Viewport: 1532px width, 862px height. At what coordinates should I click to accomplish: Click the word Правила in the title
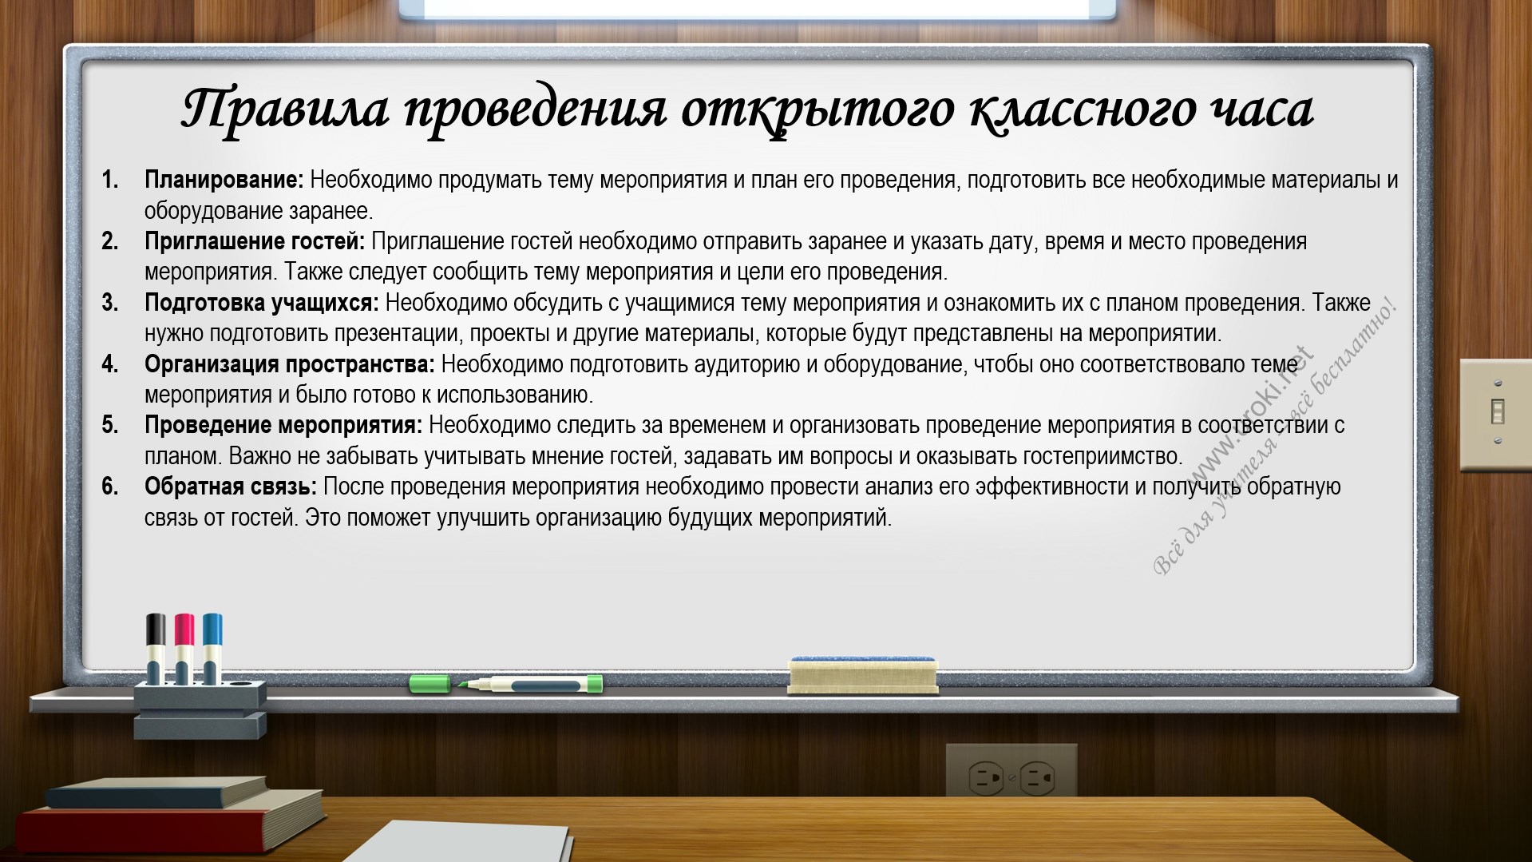[x=285, y=109]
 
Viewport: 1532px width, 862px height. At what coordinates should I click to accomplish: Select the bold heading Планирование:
[x=224, y=181]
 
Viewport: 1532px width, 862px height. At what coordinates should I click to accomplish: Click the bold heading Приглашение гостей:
[x=255, y=242]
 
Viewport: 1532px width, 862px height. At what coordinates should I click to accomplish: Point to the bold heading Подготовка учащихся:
[x=262, y=304]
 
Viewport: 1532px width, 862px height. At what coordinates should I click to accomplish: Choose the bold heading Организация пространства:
[x=290, y=365]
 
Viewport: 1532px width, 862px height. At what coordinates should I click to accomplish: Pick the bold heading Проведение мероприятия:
[x=283, y=426]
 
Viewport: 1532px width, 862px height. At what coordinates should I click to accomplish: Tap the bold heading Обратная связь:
[x=231, y=487]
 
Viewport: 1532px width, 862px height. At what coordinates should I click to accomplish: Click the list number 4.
[x=110, y=364]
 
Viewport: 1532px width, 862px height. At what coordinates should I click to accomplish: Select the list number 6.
[x=110, y=487]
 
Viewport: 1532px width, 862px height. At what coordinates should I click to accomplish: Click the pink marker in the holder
[x=184, y=648]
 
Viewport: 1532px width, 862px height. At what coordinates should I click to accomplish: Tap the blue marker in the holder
[x=212, y=648]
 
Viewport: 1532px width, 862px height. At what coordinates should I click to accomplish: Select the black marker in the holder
[x=156, y=648]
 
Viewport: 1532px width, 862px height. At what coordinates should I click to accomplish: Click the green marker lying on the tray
[x=506, y=684]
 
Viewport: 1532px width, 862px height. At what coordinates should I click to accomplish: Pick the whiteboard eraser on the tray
[x=862, y=675]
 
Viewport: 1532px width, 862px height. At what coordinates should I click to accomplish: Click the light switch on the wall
[x=1496, y=413]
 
